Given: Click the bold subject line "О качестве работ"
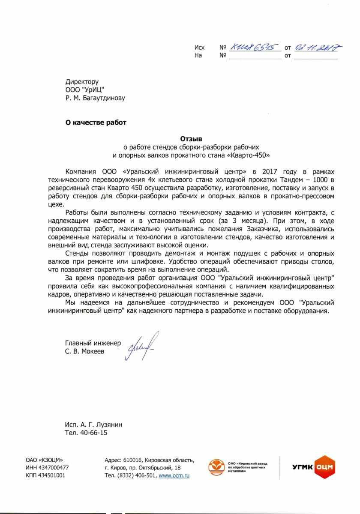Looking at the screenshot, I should (x=96, y=123).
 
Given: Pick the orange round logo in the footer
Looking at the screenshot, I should (x=216, y=466).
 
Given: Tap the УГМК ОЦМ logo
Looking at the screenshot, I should (x=313, y=467).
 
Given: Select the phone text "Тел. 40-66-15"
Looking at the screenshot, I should (x=86, y=433).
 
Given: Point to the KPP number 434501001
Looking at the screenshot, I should (x=52, y=475).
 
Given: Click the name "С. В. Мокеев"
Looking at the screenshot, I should (x=84, y=351).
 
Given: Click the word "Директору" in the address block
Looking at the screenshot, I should (x=82, y=81).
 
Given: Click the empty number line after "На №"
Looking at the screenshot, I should (x=255, y=56).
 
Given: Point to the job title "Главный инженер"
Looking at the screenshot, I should (x=93, y=343).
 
